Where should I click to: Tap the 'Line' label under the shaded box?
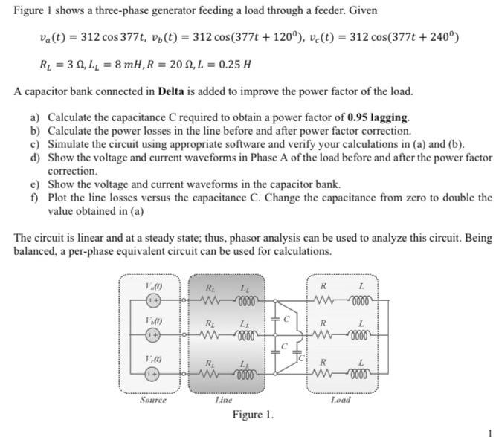(x=223, y=400)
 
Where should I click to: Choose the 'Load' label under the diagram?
(x=341, y=400)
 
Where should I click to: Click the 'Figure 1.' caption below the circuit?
(x=253, y=415)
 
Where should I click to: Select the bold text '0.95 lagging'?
(x=378, y=117)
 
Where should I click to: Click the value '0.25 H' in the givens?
(x=229, y=64)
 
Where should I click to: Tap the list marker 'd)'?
(x=35, y=158)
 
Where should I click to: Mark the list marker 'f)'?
(x=34, y=198)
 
